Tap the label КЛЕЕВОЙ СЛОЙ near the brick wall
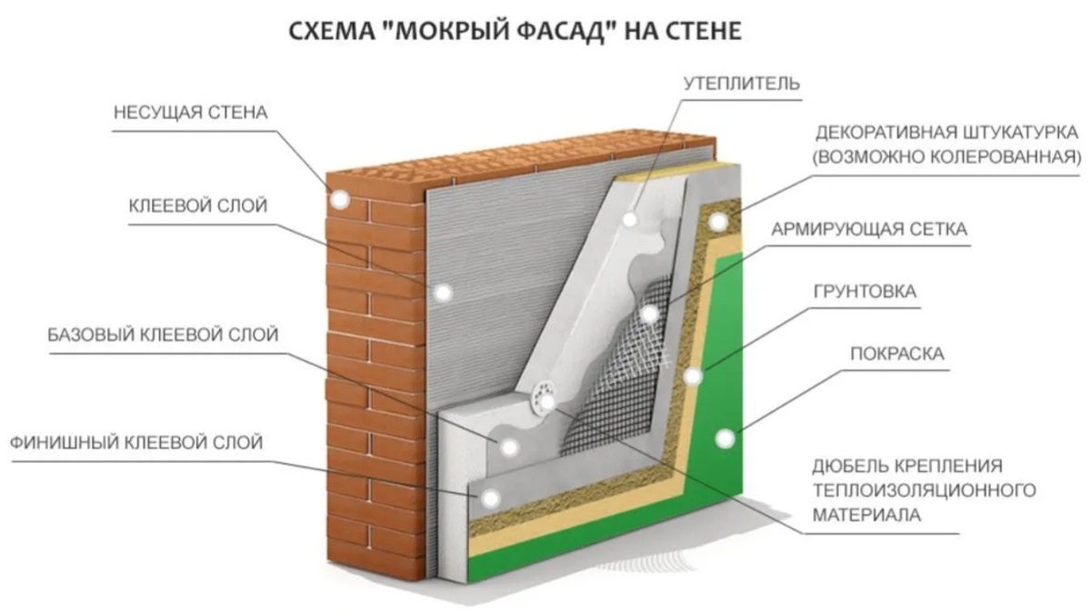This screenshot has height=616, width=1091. coord(199,205)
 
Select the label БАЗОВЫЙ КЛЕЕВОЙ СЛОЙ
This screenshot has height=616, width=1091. coord(164,335)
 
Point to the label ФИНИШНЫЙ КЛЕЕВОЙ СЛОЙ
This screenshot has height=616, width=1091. coord(136,443)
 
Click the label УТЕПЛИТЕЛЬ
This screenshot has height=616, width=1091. coord(742,84)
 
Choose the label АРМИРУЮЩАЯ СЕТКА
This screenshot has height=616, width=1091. coord(869,230)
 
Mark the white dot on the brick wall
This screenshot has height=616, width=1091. coord(340,200)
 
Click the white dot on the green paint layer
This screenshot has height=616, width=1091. coord(725,439)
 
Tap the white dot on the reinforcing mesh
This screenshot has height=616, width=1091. coord(648,314)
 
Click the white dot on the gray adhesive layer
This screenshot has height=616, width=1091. coord(443,293)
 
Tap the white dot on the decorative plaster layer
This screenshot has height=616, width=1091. coord(718,221)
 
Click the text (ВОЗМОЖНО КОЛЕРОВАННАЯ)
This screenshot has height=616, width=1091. coord(947,155)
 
